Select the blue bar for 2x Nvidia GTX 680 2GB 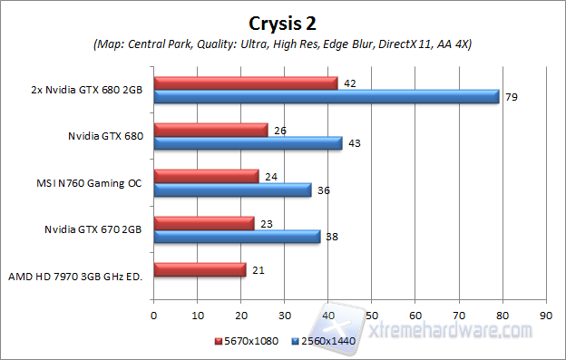point(327,96)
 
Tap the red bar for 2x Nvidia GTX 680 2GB point(246,83)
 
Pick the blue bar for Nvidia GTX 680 point(248,143)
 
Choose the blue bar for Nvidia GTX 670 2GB point(237,236)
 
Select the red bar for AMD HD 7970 point(200,269)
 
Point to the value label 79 point(511,96)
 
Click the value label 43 point(354,143)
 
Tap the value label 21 point(258,269)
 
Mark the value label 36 point(323,190)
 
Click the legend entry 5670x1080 point(248,341)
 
